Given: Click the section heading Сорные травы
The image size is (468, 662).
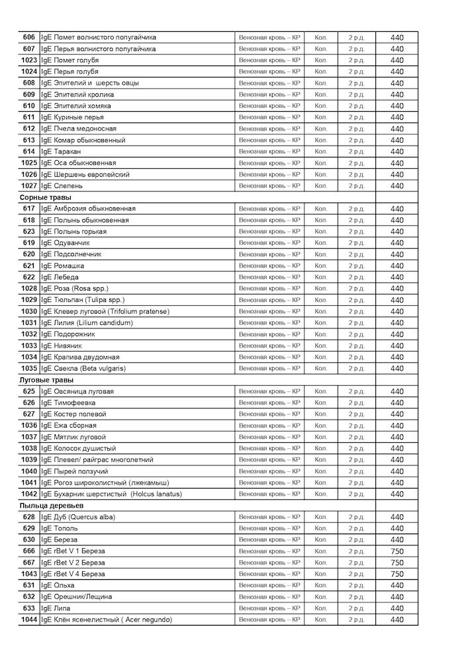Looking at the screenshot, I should pyautogui.click(x=46, y=197).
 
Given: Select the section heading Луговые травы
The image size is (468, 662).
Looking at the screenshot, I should pyautogui.click(x=46, y=380).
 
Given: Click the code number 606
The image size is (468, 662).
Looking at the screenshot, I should pyautogui.click(x=28, y=37).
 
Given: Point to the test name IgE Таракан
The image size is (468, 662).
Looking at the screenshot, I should pyautogui.click(x=61, y=152).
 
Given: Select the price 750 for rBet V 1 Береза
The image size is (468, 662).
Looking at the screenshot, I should pyautogui.click(x=397, y=551).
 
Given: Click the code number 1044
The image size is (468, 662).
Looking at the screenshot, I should pyautogui.click(x=28, y=620).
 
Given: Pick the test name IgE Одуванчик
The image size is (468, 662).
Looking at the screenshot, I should pyautogui.click(x=66, y=243).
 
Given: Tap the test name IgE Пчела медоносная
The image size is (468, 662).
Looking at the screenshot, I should pyautogui.click(x=79, y=128).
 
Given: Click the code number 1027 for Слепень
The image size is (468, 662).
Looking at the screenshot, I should pyautogui.click(x=28, y=186).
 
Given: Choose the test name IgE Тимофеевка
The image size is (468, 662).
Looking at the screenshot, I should pyautogui.click(x=68, y=402).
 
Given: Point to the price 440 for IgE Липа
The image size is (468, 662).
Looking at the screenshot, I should pyautogui.click(x=397, y=608).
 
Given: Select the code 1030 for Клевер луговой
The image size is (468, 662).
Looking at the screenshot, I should pyautogui.click(x=28, y=311).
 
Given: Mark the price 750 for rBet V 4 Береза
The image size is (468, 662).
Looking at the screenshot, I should pyautogui.click(x=397, y=574).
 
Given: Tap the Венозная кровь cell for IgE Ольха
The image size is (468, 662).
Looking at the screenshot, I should pyautogui.click(x=269, y=585).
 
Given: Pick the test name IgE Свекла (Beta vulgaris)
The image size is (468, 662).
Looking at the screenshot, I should pyautogui.click(x=83, y=368).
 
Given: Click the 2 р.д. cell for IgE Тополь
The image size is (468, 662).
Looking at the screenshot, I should pyautogui.click(x=356, y=529).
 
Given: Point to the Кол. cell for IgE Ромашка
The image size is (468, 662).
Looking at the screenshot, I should pyautogui.click(x=321, y=265).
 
